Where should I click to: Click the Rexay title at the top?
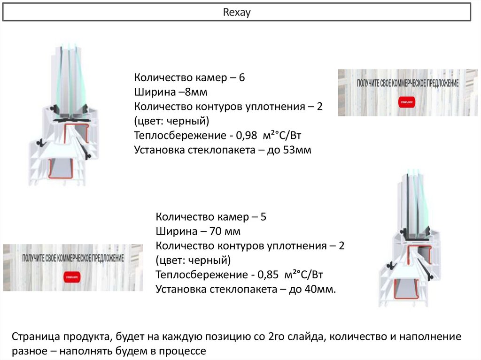(x=237, y=12)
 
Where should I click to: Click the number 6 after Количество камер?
(x=242, y=78)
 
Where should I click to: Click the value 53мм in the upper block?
(x=298, y=151)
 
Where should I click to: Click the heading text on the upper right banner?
(x=408, y=83)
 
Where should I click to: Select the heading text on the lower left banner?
(x=73, y=258)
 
